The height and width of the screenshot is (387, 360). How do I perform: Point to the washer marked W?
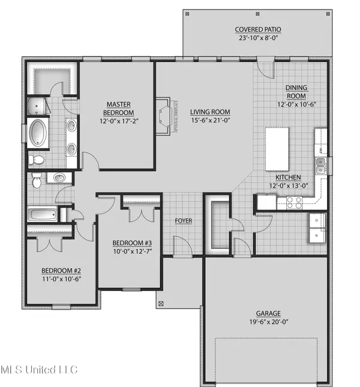pos(317,236)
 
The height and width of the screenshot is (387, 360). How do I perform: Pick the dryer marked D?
pos(317,221)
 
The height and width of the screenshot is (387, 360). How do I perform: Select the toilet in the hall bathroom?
pos(36,178)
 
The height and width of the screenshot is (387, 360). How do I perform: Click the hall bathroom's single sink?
pos(59,178)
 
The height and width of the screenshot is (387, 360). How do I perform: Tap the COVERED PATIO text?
pos(258,29)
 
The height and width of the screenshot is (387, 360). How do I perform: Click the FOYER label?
pos(183,221)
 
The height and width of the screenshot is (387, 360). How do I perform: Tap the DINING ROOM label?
pos(295,92)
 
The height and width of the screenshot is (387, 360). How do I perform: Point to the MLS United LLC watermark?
pos(39,370)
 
